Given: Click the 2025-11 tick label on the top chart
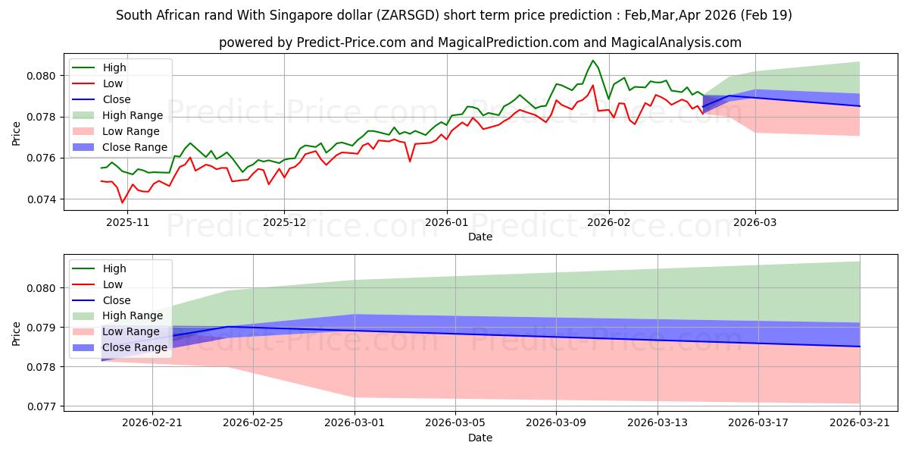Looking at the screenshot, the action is pos(127,223).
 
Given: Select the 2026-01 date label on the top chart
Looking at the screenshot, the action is pos(446,223).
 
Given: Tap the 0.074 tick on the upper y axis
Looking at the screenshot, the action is pos(41,199).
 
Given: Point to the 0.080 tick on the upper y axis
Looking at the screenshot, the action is pos(41,76).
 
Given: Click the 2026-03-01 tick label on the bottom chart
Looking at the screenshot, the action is pos(355,423).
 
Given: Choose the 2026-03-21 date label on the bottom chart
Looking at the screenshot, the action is pos(860,423).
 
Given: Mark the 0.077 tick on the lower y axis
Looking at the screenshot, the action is pos(41,406).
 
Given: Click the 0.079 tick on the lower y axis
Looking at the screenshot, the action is pos(41,328).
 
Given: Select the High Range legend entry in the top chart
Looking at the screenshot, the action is pos(117,115).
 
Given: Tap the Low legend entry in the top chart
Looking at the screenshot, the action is pos(98,83).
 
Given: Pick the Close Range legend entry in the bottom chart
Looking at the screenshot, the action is pos(120,348).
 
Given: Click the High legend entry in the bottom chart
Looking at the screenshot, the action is pos(99,268).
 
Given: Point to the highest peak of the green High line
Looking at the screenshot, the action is pos(593,61).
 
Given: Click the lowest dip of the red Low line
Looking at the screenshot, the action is pos(122,202).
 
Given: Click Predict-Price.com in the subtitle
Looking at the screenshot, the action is pos(351,42).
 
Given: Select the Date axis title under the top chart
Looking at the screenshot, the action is pos(480,237).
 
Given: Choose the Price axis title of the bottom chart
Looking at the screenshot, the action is pos(16,334).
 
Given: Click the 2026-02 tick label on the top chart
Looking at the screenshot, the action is pos(609,223).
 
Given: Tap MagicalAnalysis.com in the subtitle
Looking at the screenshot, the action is pos(676,42).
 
